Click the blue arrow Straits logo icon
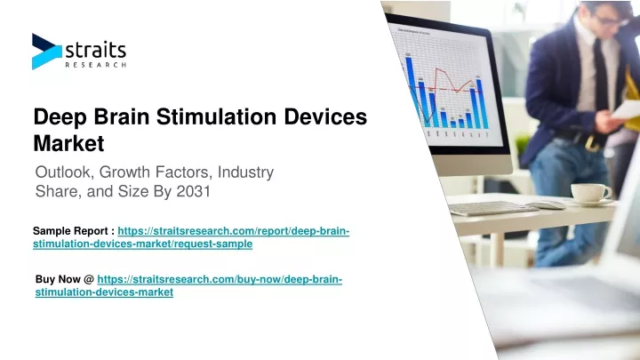click(x=46, y=52)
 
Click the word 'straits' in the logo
click(x=96, y=51)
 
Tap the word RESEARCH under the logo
click(x=96, y=65)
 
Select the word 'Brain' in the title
click(x=122, y=116)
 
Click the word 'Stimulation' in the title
click(x=216, y=116)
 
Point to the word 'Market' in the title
click(x=68, y=143)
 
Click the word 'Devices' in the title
click(x=325, y=116)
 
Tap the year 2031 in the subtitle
click(x=193, y=191)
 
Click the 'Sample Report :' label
click(x=74, y=231)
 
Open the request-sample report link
click(x=191, y=237)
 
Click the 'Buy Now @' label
click(x=65, y=279)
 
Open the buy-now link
click(x=188, y=285)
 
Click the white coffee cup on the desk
click(x=590, y=193)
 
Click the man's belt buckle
click(x=590, y=142)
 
